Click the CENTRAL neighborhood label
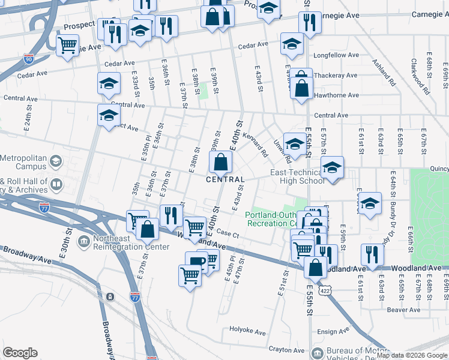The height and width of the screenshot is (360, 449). pos(225,179)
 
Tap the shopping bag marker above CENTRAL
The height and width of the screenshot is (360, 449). pos(220,161)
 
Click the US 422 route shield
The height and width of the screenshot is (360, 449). pos(325,290)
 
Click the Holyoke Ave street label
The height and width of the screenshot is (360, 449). pos(247,331)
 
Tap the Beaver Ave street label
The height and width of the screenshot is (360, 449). pos(403,310)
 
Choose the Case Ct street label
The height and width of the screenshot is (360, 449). pos(228,233)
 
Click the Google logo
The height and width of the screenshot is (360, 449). pos(20,353)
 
